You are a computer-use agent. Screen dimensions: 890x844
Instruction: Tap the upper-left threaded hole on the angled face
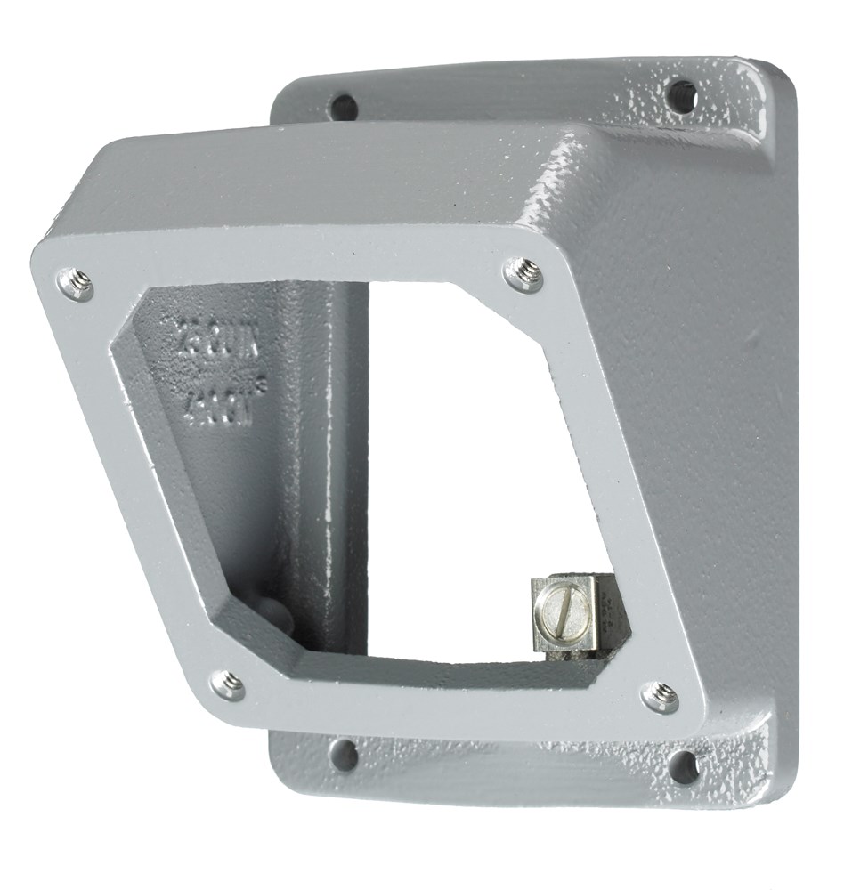[75, 284]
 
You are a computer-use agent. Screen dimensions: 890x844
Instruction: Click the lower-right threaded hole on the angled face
[660, 696]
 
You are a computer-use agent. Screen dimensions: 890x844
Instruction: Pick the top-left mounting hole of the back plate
[342, 107]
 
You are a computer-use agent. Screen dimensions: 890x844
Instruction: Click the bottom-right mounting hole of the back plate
[684, 765]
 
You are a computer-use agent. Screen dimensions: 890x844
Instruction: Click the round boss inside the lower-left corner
[269, 613]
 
